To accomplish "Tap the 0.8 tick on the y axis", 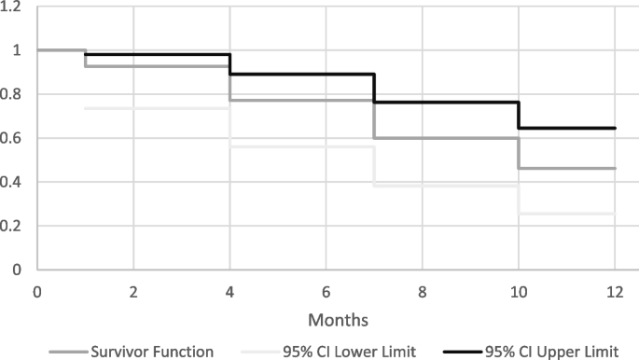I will coord(15,94).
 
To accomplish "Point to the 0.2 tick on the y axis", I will coord(15,226).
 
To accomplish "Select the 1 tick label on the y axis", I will coord(19,50).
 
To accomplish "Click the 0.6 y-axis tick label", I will coord(15,138).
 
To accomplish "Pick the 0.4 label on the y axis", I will coord(15,182).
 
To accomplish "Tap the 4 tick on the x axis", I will coord(229,290).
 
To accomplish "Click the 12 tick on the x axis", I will coord(615,290).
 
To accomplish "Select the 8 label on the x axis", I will coord(423,290).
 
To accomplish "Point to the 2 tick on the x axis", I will coord(133,290).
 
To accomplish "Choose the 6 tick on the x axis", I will coord(326,290).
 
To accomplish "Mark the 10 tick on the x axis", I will coord(519,290).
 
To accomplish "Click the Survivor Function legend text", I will coord(153,351).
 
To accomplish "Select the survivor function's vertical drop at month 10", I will coord(519,153).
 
